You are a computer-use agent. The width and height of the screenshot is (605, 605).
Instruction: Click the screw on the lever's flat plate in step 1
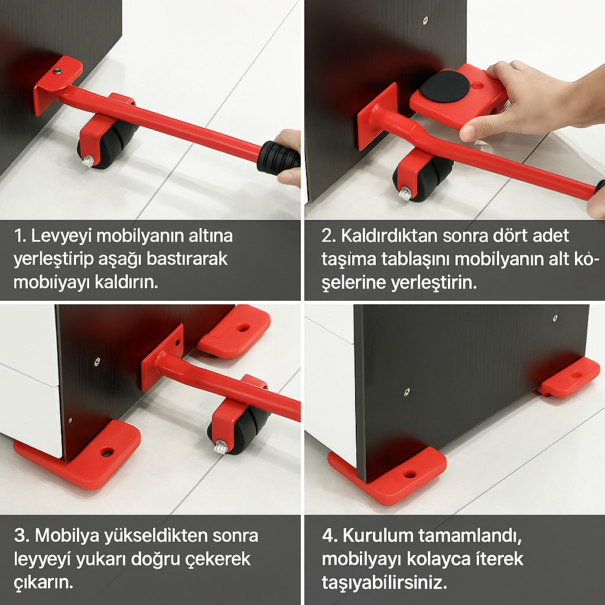pyautogui.click(x=57, y=71)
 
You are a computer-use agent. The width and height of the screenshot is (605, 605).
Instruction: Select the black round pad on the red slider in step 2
pyautogui.click(x=444, y=86)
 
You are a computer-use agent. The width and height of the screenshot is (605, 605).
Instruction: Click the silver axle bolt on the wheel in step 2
pyautogui.click(x=405, y=193)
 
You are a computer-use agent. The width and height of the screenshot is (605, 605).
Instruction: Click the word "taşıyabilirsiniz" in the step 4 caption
pyautogui.click(x=384, y=583)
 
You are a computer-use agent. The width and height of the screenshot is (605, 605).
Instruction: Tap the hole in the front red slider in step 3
pyautogui.click(x=107, y=451)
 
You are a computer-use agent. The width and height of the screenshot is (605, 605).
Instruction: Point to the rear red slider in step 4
pyautogui.click(x=569, y=378)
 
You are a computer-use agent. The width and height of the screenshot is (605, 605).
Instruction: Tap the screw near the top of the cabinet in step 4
pyautogui.click(x=555, y=318)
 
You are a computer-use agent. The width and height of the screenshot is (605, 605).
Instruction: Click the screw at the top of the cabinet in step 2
pyautogui.click(x=425, y=21)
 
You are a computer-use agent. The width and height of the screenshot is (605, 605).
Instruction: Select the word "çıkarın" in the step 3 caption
pyautogui.click(x=44, y=583)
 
